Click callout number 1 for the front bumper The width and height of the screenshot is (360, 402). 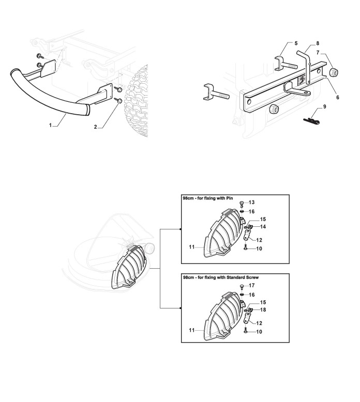[x=51, y=125]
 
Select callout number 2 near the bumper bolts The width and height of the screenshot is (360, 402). [x=96, y=127]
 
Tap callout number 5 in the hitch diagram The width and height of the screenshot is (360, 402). [x=296, y=43]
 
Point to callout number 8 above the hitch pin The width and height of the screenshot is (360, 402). [x=318, y=43]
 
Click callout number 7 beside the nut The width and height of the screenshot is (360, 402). [x=318, y=53]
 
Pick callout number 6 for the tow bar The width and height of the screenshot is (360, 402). [x=338, y=98]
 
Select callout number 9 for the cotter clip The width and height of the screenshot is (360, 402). [x=325, y=106]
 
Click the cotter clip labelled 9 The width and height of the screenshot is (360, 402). [x=311, y=120]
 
